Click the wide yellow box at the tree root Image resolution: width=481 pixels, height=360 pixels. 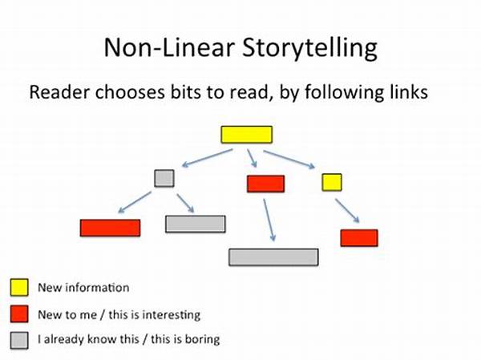[247, 135]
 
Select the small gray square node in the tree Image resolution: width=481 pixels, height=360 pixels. [164, 178]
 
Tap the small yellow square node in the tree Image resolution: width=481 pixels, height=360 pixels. [332, 182]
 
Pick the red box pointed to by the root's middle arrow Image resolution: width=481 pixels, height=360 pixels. [266, 184]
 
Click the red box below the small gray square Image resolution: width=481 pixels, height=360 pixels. [111, 228]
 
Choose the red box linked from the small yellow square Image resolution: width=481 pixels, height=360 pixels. [359, 238]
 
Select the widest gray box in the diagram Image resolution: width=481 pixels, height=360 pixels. [273, 257]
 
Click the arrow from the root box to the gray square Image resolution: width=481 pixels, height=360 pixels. [208, 158]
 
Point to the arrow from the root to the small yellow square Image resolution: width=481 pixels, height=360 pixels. [289, 160]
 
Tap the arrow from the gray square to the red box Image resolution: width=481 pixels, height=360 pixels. [135, 202]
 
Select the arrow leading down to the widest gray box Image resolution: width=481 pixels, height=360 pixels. [269, 220]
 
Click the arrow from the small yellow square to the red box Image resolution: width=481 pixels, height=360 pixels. [347, 211]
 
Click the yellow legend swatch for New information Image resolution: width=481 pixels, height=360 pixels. [19, 287]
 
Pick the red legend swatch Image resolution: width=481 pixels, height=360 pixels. [19, 313]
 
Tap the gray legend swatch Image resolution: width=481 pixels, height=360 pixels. [19, 341]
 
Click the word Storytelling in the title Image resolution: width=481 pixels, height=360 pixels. [309, 48]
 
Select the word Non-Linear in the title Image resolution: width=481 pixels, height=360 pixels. [169, 47]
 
